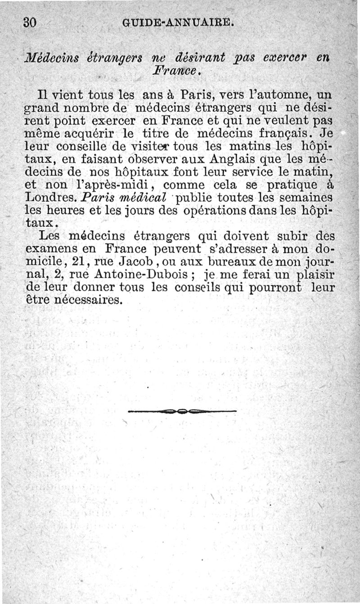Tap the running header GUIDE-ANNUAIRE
click(x=177, y=22)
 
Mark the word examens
click(x=52, y=248)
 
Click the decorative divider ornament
click(x=182, y=411)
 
